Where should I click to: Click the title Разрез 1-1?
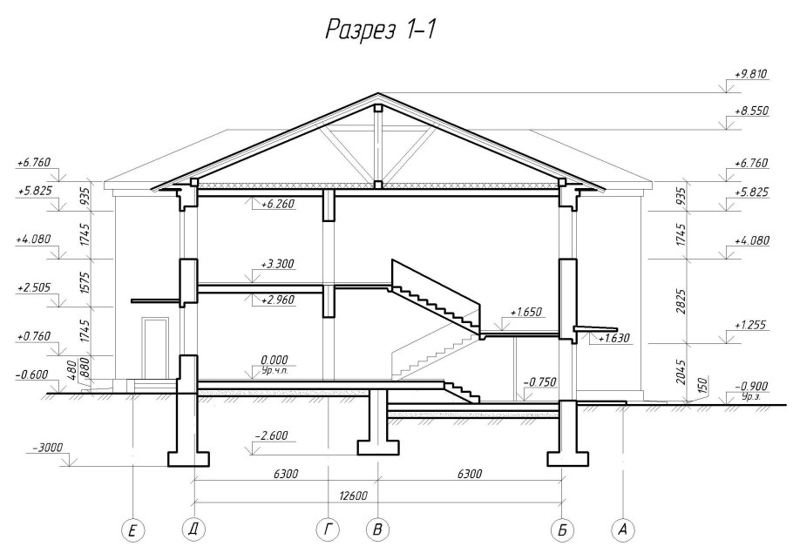click(380, 31)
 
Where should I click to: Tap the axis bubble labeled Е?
click(132, 529)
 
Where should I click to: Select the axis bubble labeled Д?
click(192, 529)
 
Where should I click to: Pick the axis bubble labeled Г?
click(328, 529)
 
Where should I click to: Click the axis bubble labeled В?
click(376, 529)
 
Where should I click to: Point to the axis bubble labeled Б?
click(563, 529)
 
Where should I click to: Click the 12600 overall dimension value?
click(378, 496)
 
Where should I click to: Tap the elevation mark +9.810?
click(750, 75)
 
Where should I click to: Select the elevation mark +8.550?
click(750, 113)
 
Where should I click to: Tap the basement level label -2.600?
click(271, 435)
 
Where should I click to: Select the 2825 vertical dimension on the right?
click(681, 298)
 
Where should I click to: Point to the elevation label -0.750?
click(540, 381)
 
